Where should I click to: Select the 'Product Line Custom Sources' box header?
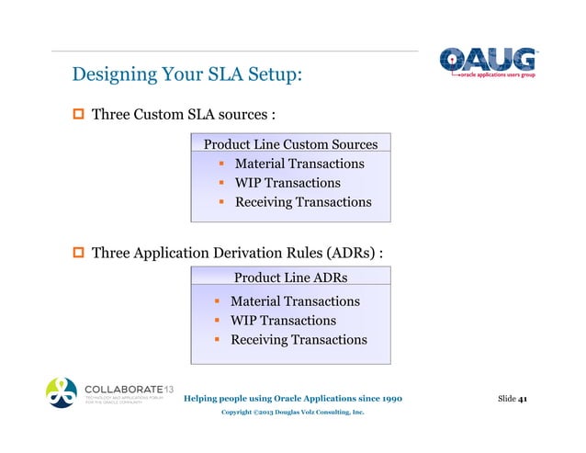point(290,144)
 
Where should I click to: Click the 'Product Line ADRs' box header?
point(290,277)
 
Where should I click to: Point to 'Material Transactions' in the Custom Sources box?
point(299,164)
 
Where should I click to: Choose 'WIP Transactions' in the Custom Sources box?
point(287,183)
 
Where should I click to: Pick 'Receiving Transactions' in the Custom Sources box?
point(302,202)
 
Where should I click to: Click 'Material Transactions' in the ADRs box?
point(294,301)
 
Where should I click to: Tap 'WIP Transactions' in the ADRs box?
point(283,321)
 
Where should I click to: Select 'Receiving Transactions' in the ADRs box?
point(298,340)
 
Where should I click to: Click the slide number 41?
point(522,399)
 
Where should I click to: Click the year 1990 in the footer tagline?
point(386,399)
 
